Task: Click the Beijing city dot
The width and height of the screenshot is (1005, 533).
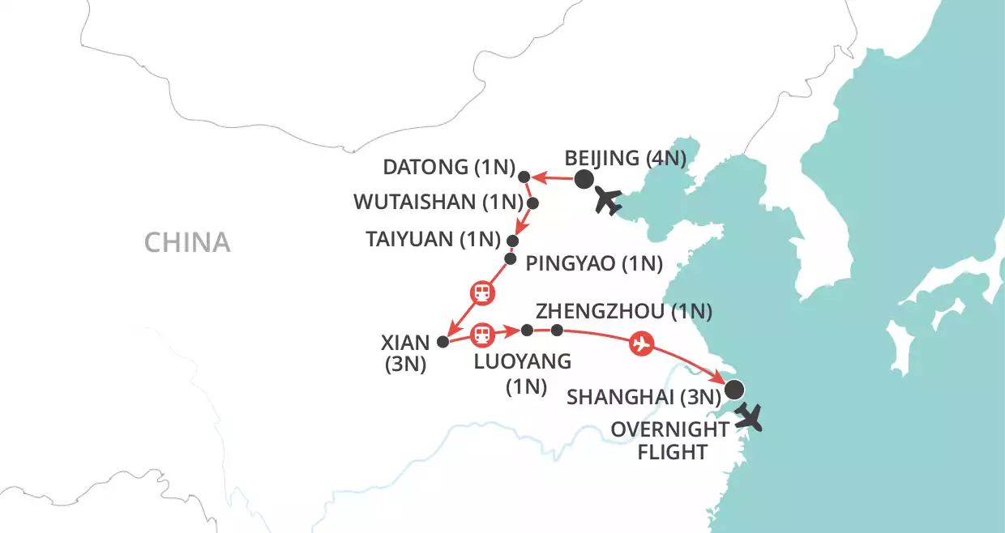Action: (x=584, y=180)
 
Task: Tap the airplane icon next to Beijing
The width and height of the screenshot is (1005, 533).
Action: (x=609, y=200)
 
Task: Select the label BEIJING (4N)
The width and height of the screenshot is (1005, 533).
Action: (x=626, y=158)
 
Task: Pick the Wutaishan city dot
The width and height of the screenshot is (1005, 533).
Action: (x=533, y=203)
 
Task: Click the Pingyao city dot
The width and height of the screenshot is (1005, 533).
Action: (x=511, y=259)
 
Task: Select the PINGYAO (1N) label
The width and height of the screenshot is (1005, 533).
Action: (x=595, y=263)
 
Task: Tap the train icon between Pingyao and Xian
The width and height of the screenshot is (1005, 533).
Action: (x=481, y=292)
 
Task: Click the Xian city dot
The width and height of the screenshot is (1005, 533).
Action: (x=443, y=342)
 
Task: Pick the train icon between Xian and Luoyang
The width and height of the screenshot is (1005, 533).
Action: (x=482, y=333)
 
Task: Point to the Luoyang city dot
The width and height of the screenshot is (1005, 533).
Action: (x=527, y=330)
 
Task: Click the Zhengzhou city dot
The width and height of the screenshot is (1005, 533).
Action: (x=557, y=330)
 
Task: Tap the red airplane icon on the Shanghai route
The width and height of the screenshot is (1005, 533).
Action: (x=641, y=343)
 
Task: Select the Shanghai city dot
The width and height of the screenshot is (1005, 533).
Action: (x=733, y=390)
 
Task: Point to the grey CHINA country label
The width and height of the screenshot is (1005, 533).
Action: (x=187, y=241)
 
